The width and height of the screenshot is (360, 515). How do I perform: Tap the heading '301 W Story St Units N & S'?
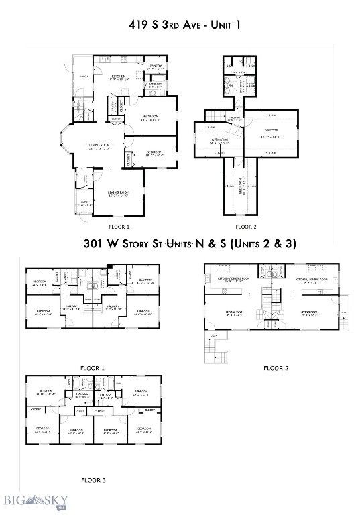(x=180, y=244)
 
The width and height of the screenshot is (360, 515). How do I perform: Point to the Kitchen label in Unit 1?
(x=119, y=76)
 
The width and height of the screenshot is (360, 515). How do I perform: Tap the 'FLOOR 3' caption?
(x=93, y=480)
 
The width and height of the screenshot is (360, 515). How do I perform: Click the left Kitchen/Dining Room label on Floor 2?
(x=234, y=279)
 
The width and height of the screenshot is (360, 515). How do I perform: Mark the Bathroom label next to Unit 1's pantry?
(x=155, y=84)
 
